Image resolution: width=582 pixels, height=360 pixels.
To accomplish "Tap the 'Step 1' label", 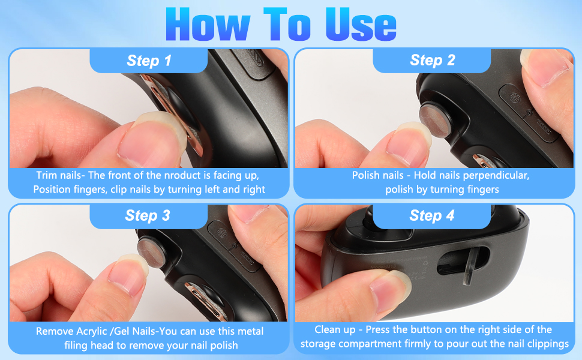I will click(149, 61).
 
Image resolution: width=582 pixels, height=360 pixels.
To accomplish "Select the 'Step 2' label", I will click(432, 60).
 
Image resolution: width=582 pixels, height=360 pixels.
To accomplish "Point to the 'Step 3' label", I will click(148, 216).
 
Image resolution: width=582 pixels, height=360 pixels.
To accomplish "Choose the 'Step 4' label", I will click(432, 216).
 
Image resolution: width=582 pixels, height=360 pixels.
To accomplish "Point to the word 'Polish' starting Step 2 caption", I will click(367, 176).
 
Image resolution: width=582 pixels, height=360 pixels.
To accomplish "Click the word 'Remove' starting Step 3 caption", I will click(53, 331).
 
